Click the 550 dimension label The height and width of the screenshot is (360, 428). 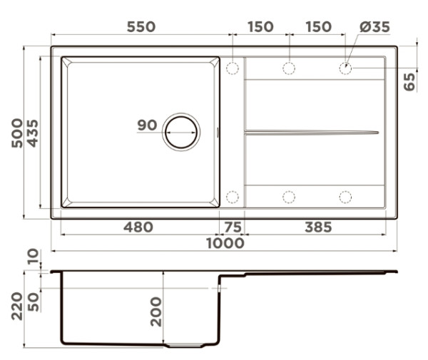click(x=141, y=26)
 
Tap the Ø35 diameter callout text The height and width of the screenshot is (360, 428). click(x=374, y=26)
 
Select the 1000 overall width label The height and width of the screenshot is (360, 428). click(x=225, y=243)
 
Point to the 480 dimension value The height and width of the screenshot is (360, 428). click(x=138, y=227)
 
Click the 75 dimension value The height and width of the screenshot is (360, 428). click(x=233, y=227)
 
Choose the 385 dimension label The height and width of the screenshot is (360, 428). click(x=318, y=227)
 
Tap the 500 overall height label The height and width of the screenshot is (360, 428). click(x=17, y=133)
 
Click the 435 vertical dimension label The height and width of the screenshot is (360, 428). click(x=34, y=133)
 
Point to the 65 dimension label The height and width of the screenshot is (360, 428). click(x=409, y=82)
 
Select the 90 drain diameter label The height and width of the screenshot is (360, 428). click(x=147, y=125)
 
